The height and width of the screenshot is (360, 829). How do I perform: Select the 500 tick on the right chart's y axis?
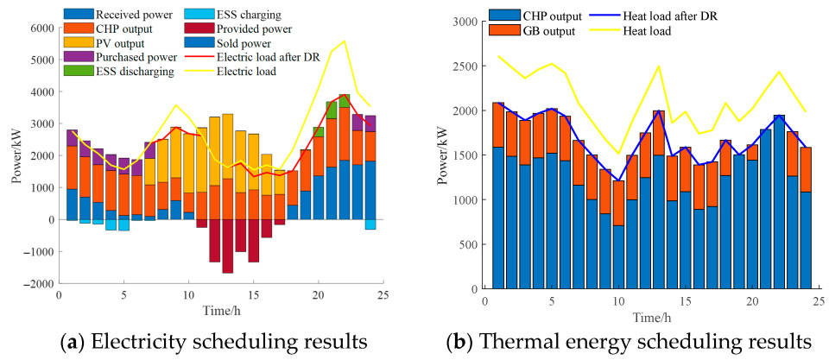(474, 244)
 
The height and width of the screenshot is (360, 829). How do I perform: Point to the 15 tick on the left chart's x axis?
(253, 295)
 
